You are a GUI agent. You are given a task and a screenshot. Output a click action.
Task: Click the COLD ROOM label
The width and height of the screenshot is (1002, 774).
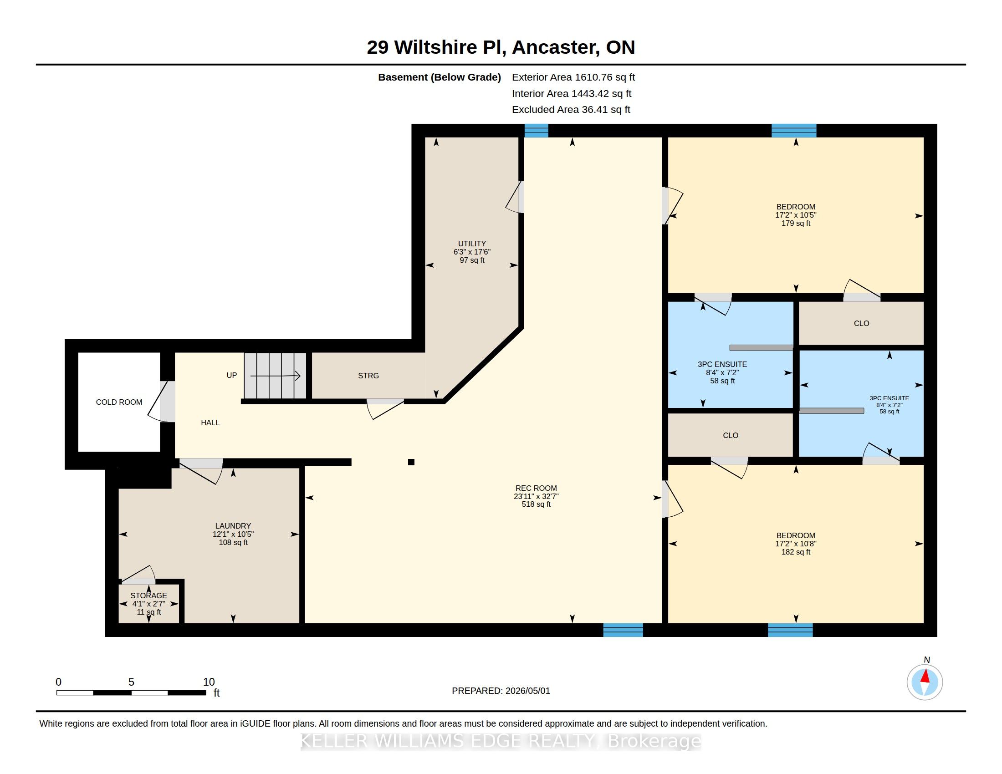pos(119,402)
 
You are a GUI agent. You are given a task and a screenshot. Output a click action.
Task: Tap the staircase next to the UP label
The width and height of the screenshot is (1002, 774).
pos(275,376)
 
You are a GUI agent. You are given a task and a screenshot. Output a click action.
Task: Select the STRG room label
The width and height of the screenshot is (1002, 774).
pos(368,376)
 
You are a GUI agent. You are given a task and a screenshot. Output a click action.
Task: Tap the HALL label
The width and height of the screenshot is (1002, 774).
pos(210,423)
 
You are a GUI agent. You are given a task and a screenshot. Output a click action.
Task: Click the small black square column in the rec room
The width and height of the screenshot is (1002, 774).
pos(411,462)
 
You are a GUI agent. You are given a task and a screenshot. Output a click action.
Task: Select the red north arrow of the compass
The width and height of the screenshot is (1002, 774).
pos(925,676)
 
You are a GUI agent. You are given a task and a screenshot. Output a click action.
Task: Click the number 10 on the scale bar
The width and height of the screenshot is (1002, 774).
pos(209,682)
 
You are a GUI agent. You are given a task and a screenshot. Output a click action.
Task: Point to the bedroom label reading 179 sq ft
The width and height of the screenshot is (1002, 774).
pos(796,215)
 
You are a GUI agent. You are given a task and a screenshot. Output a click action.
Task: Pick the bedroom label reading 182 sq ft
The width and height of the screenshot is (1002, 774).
pos(796,544)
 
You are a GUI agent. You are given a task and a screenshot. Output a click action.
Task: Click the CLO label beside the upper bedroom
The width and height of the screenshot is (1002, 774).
pos(861,323)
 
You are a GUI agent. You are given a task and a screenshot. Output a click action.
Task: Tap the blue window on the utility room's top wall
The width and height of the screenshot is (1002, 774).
pos(537,131)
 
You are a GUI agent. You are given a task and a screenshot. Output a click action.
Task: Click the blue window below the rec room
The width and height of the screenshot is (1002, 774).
pos(623,630)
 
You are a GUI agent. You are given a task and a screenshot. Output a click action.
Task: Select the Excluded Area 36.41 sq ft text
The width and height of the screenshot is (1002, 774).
pos(571,110)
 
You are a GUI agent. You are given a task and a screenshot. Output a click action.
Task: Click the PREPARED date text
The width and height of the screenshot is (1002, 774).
pos(501,691)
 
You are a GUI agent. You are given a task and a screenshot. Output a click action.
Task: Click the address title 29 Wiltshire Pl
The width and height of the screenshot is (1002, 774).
pos(436,47)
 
